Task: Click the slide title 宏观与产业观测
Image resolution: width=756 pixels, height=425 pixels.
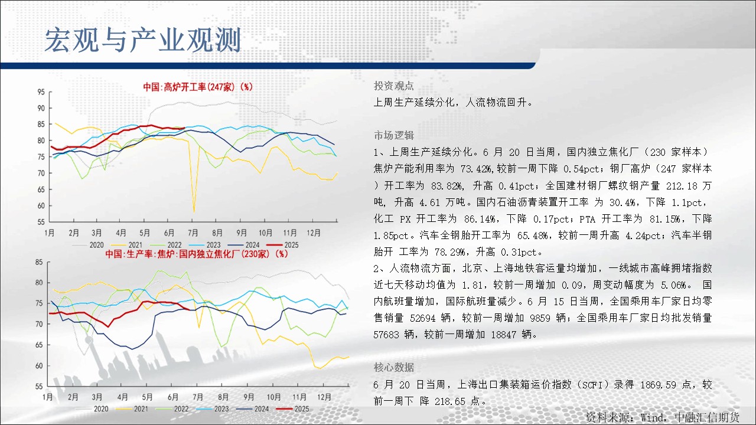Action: tap(142, 40)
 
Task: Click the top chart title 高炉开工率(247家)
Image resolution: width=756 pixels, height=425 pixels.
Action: tap(198, 87)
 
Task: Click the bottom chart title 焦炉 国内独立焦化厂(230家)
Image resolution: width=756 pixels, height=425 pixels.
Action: tap(197, 254)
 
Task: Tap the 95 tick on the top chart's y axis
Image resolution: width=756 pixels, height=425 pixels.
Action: tap(41, 91)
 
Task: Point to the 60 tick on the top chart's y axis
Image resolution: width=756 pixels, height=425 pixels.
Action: tap(41, 205)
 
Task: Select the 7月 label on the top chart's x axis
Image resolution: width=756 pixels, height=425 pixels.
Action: tap(193, 233)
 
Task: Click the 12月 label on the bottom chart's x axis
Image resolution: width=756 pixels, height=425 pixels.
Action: tap(324, 397)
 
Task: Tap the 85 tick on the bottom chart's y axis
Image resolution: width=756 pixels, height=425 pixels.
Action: tap(39, 262)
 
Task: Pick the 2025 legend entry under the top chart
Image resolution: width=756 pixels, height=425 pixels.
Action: tap(283, 245)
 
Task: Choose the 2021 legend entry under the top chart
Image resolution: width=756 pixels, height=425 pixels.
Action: tap(126, 245)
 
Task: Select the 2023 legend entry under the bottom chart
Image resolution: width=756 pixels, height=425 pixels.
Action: tap(213, 409)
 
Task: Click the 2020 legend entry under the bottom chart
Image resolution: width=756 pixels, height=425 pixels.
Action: tap(92, 409)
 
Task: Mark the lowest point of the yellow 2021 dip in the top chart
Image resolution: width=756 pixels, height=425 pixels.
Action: tap(194, 212)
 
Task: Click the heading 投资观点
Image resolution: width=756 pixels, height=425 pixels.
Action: tap(393, 86)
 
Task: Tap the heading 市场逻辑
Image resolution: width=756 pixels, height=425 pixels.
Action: tap(393, 135)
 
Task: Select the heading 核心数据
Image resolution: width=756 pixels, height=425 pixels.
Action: tap(393, 367)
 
